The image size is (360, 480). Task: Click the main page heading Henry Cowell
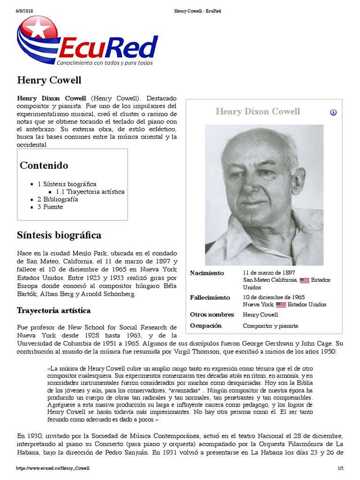coord(49,80)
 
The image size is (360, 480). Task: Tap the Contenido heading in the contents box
coord(44,165)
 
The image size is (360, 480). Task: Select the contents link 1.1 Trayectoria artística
coord(90,192)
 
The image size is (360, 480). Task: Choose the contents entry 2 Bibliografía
coord(58,199)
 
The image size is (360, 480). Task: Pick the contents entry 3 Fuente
coord(50,207)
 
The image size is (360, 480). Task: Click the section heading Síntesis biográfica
coord(59,235)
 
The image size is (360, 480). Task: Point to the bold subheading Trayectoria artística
coord(54,310)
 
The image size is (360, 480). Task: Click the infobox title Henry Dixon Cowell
coord(257,112)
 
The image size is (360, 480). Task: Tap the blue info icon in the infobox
coord(333,112)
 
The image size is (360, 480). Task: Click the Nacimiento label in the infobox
coord(207,273)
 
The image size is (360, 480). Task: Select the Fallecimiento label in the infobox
coord(210,298)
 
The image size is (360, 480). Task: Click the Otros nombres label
coord(211,315)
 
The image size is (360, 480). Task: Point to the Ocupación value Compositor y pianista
coord(270,326)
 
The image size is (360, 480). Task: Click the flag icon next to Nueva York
coord(281,305)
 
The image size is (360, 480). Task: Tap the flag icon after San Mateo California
coord(305,280)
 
